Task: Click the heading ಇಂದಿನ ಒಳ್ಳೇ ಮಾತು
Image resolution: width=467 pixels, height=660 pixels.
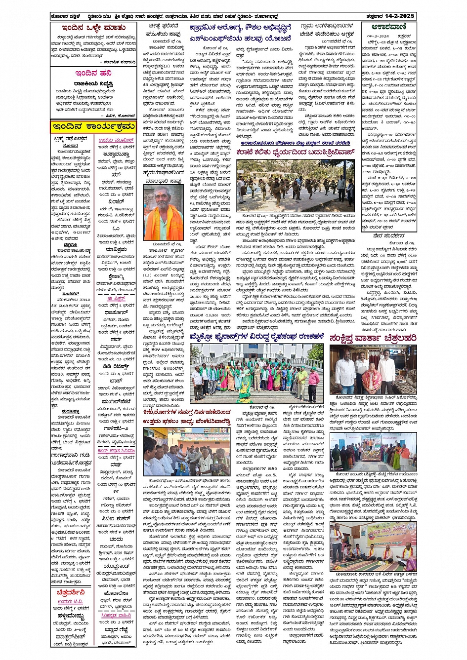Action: (x=93, y=28)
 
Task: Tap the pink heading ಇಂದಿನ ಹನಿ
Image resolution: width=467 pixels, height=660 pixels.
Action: (x=92, y=73)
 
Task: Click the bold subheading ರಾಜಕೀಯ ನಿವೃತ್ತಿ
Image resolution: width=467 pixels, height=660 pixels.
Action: (x=92, y=83)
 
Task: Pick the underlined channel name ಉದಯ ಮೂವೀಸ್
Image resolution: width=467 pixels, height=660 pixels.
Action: (x=116, y=141)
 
